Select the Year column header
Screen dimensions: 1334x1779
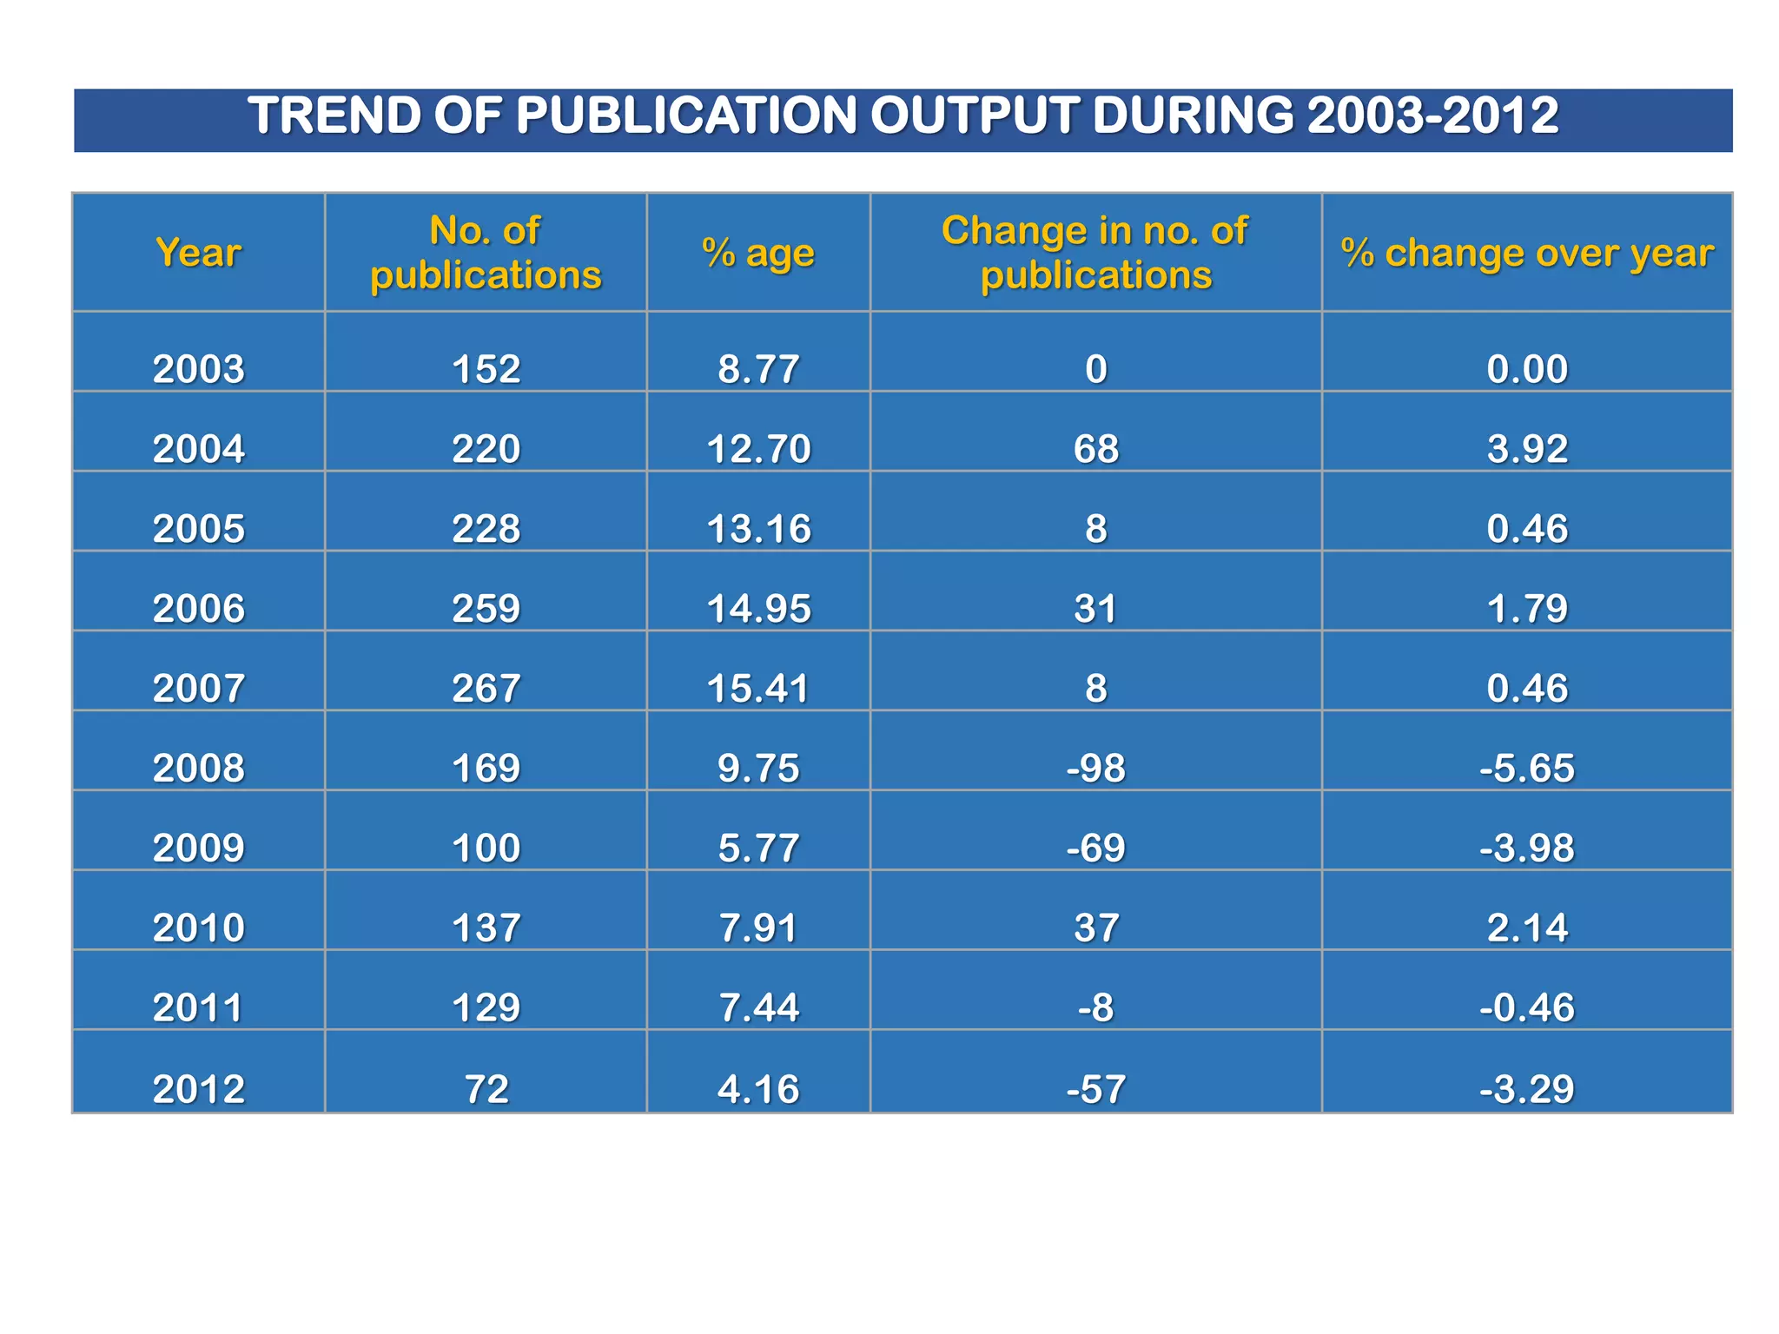tap(199, 254)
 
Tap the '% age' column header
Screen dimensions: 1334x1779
tap(758, 254)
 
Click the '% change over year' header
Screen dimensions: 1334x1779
tap(1527, 254)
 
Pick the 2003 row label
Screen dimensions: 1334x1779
tap(199, 369)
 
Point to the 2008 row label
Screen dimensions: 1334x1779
tap(199, 769)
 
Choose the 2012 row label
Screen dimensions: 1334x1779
tap(199, 1089)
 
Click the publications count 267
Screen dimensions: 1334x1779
tap(486, 689)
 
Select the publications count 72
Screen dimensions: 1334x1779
tap(486, 1089)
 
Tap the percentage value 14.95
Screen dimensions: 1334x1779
tap(758, 609)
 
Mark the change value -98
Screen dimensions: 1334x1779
tap(1096, 769)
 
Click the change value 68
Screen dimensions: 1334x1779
tap(1096, 449)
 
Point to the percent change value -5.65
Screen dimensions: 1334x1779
tap(1527, 769)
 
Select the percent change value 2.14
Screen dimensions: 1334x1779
tap(1527, 928)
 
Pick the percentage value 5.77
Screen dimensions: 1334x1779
tap(758, 849)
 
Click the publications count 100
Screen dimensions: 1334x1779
tap(486, 849)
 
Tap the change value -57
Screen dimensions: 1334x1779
tap(1096, 1089)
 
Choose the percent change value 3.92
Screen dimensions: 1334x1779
tap(1527, 449)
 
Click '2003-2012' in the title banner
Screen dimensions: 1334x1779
tap(1432, 116)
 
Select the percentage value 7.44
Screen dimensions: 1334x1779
tap(758, 1008)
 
